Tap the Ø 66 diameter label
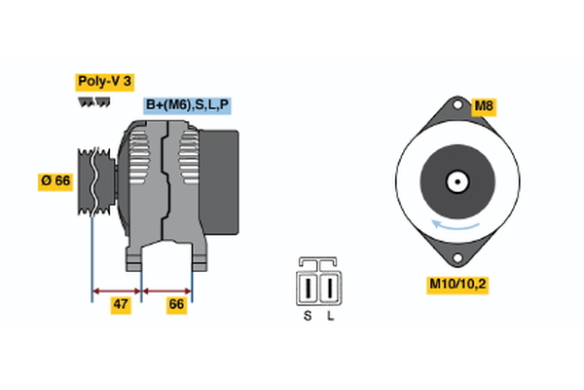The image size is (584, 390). pyautogui.click(x=56, y=179)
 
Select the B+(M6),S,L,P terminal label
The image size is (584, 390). pyautogui.click(x=188, y=105)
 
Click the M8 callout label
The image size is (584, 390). pyautogui.click(x=485, y=105)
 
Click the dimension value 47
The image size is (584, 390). pyautogui.click(x=121, y=304)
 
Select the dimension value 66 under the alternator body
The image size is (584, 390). pyautogui.click(x=176, y=304)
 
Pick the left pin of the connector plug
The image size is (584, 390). pyautogui.click(x=310, y=289)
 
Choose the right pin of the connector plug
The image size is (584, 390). pyautogui.click(x=330, y=289)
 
